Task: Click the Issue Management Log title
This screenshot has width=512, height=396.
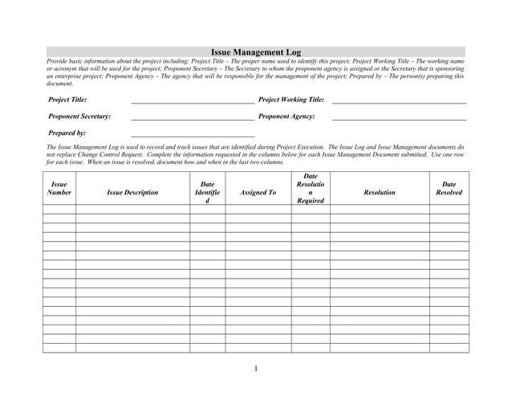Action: point(255,52)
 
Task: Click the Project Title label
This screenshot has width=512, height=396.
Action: point(67,100)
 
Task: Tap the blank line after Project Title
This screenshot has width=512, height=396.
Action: point(193,102)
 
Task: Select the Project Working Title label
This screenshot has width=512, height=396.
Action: point(291,100)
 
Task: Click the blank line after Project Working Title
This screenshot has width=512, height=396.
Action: point(399,102)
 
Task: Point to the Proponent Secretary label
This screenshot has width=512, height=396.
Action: point(79,116)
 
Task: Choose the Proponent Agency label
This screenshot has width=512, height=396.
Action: point(286,116)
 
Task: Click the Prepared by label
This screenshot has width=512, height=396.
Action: point(67,133)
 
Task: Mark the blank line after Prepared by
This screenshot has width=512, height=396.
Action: point(193,135)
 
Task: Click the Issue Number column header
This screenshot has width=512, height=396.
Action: point(59,188)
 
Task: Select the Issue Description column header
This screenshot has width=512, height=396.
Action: point(132,193)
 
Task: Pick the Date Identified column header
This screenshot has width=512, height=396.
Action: point(207,193)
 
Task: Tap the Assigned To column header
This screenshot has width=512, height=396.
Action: point(258,193)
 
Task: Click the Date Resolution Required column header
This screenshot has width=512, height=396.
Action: point(311,189)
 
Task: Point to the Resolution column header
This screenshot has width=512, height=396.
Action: point(379,193)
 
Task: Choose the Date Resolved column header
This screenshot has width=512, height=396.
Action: point(449,188)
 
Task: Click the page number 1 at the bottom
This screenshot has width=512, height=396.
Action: point(256,369)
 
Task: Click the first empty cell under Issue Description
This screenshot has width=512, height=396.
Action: point(132,209)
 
